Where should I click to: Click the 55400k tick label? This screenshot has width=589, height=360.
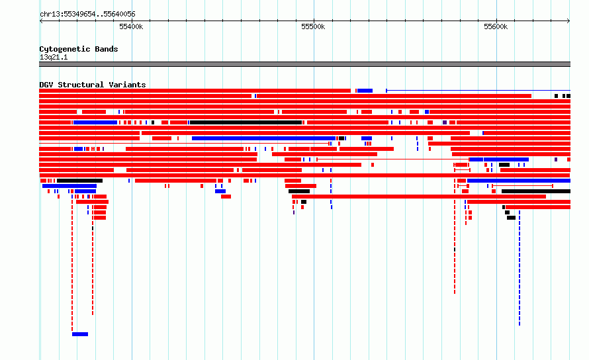point(131,26)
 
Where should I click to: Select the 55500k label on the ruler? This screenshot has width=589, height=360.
point(313,26)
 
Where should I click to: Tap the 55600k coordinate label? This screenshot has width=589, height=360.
point(496,26)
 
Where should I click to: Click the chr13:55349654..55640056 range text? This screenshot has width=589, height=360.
point(87,15)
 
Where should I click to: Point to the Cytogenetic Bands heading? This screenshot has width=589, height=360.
point(79,49)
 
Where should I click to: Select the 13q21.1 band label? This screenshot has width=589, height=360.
point(54,57)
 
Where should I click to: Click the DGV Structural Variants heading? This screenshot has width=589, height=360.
point(93,85)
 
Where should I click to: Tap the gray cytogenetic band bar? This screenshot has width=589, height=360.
point(304,64)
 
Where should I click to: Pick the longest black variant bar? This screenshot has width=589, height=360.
point(246,122)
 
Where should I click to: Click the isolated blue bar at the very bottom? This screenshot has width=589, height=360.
point(80,334)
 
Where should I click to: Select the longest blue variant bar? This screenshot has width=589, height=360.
point(263,138)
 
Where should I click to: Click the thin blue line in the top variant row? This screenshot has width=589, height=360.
point(478,91)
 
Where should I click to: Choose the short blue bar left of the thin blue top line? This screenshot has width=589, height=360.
point(365,91)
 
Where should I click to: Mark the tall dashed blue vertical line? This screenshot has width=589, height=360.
point(520,268)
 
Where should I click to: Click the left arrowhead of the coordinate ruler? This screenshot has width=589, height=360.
point(40,21)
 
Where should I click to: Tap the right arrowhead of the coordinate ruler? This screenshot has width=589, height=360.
point(568,21)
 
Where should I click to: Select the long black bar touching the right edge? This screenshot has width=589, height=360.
point(536,191)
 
